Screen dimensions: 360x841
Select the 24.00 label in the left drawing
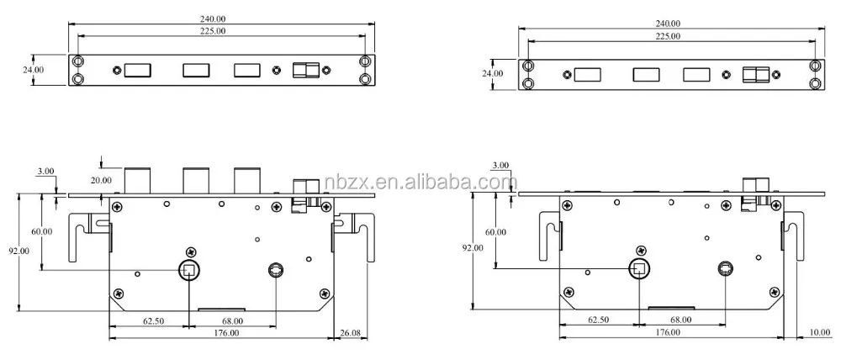point(33,70)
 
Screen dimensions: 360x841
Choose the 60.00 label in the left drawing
point(41,231)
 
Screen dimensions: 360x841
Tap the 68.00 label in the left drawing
point(232,320)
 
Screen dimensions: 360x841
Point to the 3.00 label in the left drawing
point(46,171)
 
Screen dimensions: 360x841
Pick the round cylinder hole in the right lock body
point(725,269)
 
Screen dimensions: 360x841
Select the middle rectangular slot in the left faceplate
point(196,71)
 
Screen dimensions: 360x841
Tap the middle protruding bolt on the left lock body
point(195,180)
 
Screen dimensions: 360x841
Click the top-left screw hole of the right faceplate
point(528,66)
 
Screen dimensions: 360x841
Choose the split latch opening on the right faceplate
point(754,75)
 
